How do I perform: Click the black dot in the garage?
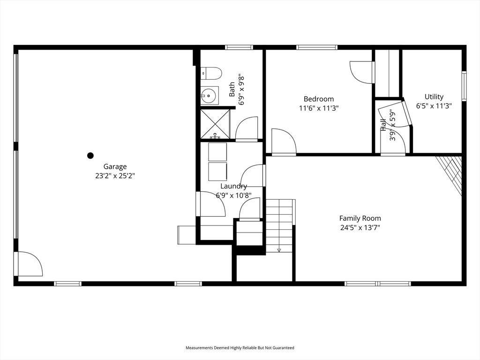(x=90, y=156)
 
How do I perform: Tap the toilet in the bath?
(x=211, y=73)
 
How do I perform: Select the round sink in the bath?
(x=210, y=96)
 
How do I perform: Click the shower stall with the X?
(x=215, y=124)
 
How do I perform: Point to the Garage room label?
(x=115, y=166)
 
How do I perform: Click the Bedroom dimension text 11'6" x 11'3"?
(x=319, y=108)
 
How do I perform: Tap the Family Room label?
(x=360, y=218)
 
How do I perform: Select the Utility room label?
(x=434, y=97)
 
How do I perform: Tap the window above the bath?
(x=239, y=47)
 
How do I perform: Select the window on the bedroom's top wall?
(x=316, y=47)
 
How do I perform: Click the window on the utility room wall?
(x=464, y=86)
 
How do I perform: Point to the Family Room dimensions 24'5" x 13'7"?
(x=360, y=228)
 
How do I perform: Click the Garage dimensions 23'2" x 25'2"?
(x=115, y=176)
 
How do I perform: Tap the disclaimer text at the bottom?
(x=240, y=348)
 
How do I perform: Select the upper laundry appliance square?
(x=217, y=151)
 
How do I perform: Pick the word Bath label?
(x=232, y=89)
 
